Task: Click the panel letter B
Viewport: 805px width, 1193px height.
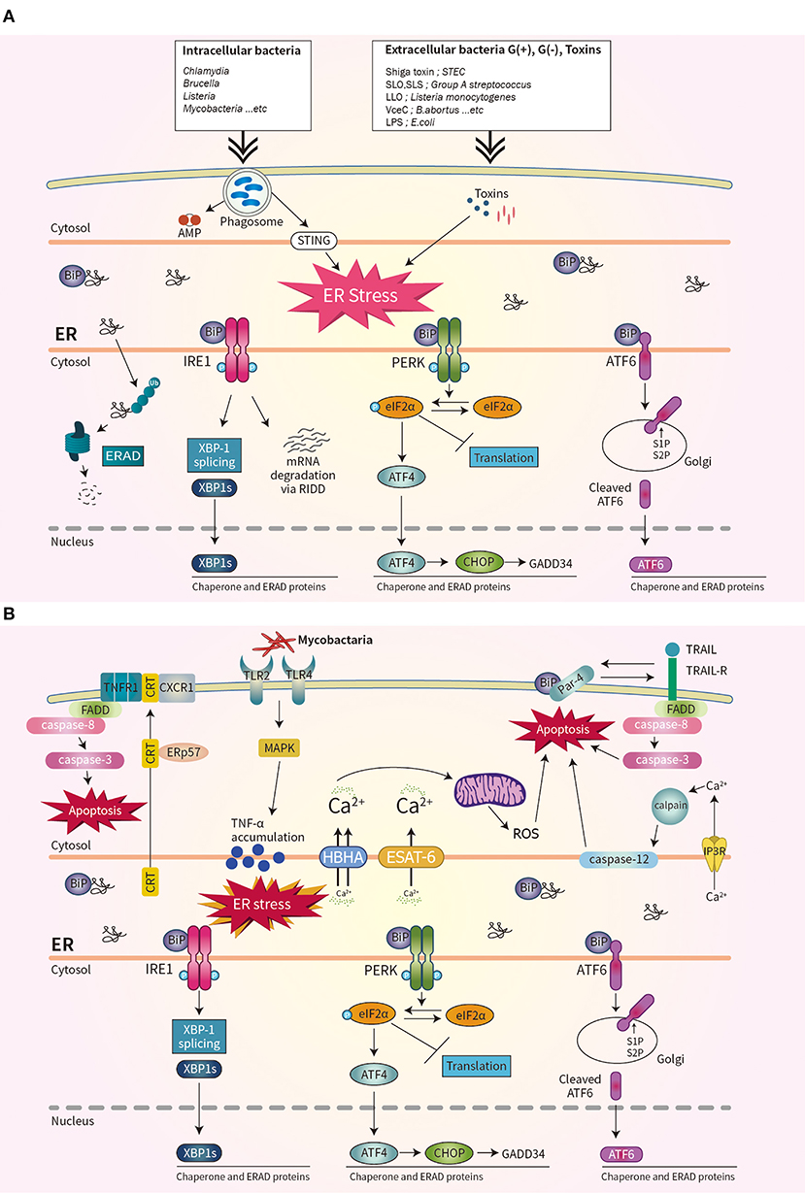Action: point(11,613)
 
